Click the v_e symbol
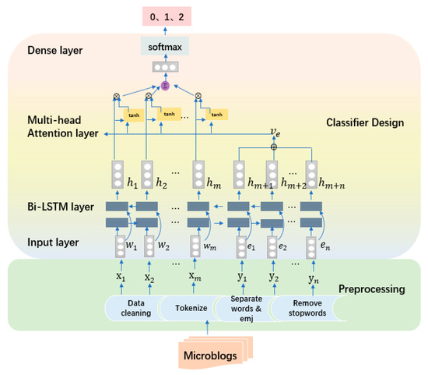(x=273, y=133)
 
